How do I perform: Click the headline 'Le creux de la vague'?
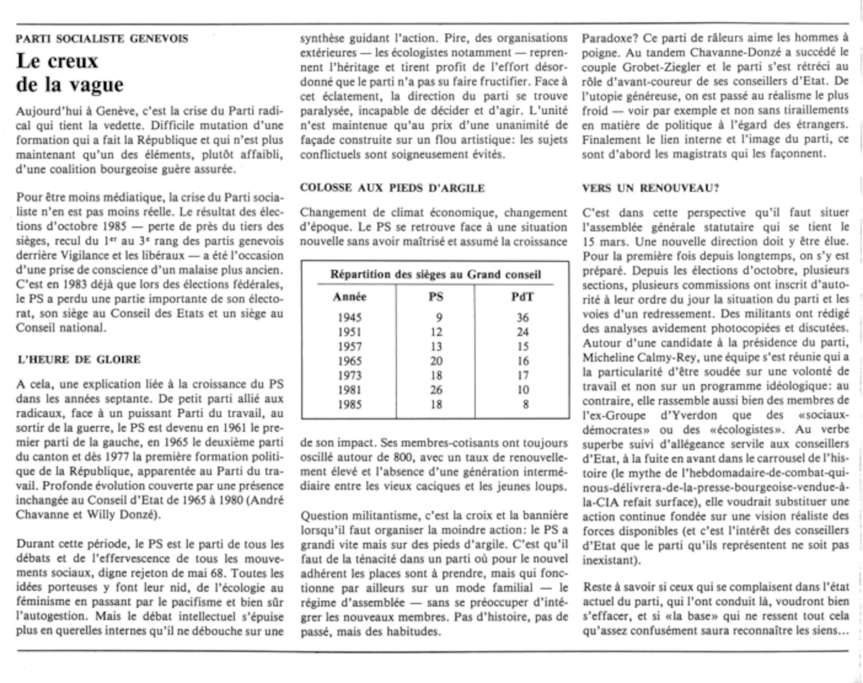tap(70, 73)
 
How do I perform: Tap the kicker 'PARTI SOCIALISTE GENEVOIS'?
tap(102, 39)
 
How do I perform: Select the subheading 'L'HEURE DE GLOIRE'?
tap(79, 359)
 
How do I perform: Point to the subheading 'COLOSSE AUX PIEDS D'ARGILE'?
tap(392, 188)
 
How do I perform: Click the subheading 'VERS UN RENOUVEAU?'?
tap(650, 188)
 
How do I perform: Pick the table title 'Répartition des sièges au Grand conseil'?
tap(435, 274)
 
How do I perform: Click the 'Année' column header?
tap(349, 297)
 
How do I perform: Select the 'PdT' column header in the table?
tap(522, 297)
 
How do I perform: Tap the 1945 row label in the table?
tap(349, 318)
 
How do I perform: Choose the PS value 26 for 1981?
tap(436, 390)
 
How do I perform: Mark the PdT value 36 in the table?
tap(523, 318)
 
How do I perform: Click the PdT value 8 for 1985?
tap(525, 404)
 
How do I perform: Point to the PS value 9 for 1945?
tap(439, 318)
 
